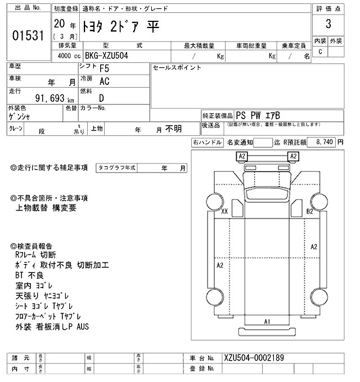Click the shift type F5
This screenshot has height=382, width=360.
coord(105,70)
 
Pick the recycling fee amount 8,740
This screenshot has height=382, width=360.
coord(326,143)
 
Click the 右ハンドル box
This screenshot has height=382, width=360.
coord(206,143)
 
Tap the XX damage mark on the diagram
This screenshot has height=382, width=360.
coord(224,212)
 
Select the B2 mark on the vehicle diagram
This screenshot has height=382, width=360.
coord(309,212)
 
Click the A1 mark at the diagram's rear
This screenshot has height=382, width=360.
coord(268,321)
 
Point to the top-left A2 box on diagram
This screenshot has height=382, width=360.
coord(242,156)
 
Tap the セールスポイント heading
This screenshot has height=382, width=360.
coord(177,67)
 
